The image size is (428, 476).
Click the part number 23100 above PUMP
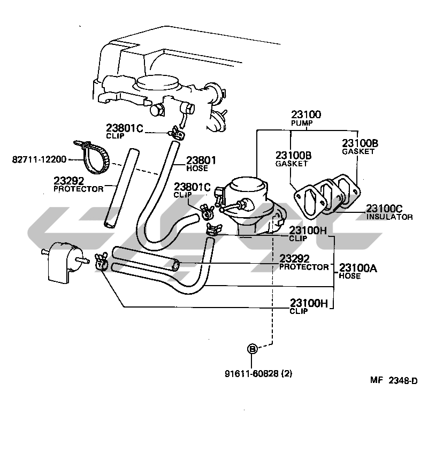[x=306, y=115]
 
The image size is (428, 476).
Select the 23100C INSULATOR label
[x=389, y=212]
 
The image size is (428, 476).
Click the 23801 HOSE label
[x=201, y=164]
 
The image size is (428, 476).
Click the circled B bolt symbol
[x=252, y=349]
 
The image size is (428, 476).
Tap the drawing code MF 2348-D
[x=394, y=380]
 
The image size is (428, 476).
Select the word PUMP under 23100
[x=302, y=124]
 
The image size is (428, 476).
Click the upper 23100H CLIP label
[x=307, y=234]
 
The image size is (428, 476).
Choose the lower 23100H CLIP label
[x=307, y=306]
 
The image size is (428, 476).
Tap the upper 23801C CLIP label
[x=124, y=131]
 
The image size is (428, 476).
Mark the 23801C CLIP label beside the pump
[x=192, y=190]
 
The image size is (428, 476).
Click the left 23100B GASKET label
[x=293, y=159]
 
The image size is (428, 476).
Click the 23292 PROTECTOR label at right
[x=303, y=263]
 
